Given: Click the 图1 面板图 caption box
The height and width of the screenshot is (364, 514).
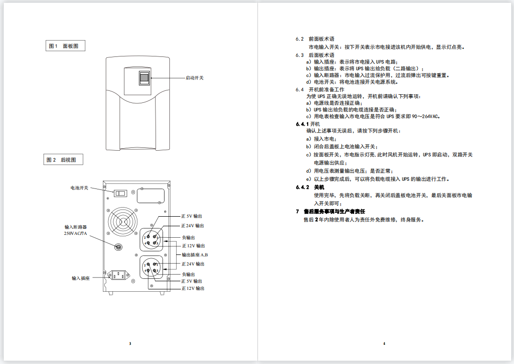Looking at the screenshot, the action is point(65,46).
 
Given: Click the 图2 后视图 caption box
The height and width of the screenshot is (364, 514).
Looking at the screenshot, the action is point(63,160).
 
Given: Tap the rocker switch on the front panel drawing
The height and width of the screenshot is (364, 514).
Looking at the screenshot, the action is point(144,77).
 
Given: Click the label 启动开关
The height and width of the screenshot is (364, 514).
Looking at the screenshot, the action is point(195,78).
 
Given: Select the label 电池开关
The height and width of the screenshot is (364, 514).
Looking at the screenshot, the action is point(79,188).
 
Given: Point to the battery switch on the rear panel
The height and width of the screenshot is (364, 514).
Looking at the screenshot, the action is point(120,193).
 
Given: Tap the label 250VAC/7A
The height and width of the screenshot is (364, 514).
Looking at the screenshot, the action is point(76,233).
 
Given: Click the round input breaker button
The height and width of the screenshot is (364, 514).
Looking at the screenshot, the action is point(119,247).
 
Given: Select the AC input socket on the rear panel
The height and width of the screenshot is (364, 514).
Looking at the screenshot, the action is point(118,275).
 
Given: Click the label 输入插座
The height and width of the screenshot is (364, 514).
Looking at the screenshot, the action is point(80,278).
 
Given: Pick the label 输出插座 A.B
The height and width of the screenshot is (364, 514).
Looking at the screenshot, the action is point(195,255).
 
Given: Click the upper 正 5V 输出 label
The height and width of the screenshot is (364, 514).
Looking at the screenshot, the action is point(192,216).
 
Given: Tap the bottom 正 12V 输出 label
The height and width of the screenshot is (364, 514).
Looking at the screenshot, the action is point(193,288).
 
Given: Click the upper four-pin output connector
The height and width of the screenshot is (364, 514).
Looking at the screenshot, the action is point(151,239).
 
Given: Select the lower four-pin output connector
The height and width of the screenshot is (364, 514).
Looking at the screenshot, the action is point(151,267).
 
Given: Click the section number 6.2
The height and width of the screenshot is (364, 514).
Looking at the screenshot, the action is point(300,39).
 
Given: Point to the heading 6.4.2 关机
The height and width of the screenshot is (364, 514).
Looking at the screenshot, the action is point(310,187).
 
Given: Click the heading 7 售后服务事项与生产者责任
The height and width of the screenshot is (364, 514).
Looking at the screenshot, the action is point(330,211).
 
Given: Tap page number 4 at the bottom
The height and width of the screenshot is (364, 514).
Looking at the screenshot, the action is point(384,343).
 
